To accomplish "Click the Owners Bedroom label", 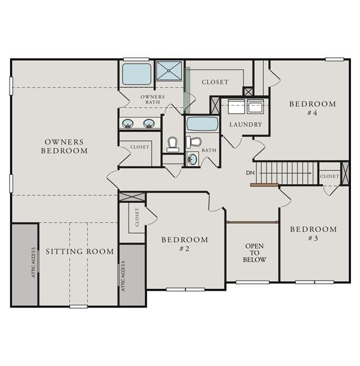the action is (x=65, y=146).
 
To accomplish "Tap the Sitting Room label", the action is (x=80, y=251).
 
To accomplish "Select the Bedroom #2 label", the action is (x=184, y=244).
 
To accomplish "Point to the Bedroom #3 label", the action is (x=313, y=234).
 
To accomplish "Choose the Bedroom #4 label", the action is (x=313, y=109).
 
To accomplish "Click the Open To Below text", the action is (x=254, y=253).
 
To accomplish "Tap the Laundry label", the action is (x=245, y=124).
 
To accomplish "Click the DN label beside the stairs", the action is (x=250, y=173).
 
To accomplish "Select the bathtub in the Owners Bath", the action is (x=137, y=74).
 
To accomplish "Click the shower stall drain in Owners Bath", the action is (x=169, y=70).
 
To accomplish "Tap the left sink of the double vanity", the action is (x=128, y=123).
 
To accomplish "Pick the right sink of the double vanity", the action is (x=148, y=123).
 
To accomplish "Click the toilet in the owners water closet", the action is (x=173, y=144).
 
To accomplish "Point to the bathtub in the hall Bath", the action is (x=202, y=124).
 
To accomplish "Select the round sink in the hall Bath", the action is (x=192, y=160).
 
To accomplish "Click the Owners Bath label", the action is (x=152, y=100).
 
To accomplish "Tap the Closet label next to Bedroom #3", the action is (x=330, y=176).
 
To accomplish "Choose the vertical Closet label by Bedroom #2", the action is (x=137, y=218).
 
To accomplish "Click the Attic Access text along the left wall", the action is (x=34, y=263).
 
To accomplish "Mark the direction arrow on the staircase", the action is (x=286, y=173).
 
